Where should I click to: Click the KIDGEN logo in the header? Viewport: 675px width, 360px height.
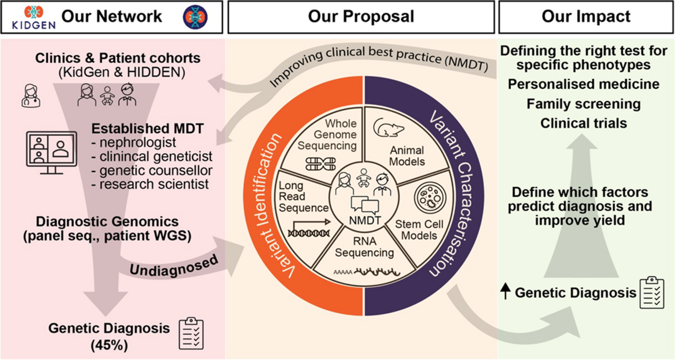coord(33,17)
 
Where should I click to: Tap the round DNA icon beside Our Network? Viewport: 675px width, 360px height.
coord(195,17)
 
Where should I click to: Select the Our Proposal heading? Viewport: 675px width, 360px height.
coord(361,16)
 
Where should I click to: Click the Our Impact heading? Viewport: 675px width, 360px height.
coord(586,16)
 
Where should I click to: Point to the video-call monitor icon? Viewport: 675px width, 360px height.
coord(51,152)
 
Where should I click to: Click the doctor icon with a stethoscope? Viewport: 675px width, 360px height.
coord(31,96)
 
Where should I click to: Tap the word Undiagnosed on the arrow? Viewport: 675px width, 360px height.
coord(174,266)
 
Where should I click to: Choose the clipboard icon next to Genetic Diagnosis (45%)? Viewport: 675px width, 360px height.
coord(191,333)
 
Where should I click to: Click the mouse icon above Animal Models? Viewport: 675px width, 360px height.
coord(388,127)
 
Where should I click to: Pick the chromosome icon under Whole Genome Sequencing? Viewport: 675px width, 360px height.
coord(320,164)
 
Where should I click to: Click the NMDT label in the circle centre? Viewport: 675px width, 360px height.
coord(365,220)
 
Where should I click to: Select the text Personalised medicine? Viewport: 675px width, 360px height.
coord(583,84)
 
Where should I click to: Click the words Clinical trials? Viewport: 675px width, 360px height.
coord(583,123)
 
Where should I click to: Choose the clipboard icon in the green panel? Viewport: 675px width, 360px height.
coord(652,292)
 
